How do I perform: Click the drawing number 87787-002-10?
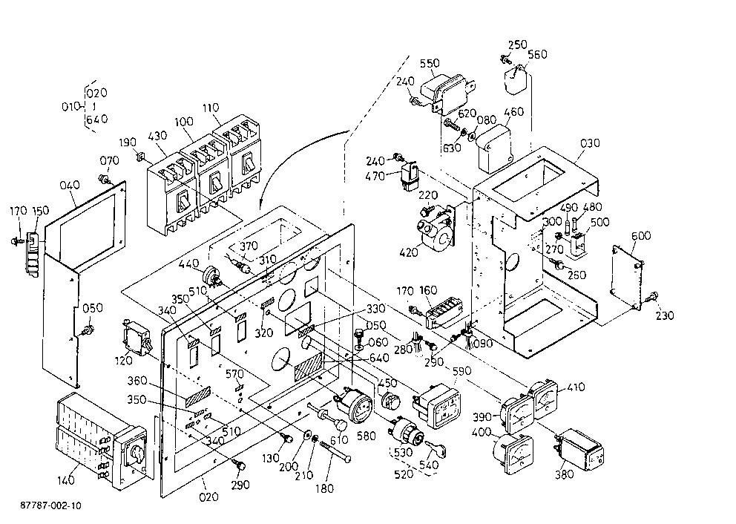50,505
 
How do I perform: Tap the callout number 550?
430,63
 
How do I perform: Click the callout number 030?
590,143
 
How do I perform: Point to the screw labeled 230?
651,296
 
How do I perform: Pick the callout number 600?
641,236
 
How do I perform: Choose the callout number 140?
66,480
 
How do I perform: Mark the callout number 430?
157,136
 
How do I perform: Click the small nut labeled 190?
139,156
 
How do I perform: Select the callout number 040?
70,185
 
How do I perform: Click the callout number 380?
564,474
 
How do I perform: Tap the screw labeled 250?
505,59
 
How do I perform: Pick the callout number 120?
123,361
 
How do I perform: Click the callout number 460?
513,112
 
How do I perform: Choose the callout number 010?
71,107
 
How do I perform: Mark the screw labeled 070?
103,179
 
